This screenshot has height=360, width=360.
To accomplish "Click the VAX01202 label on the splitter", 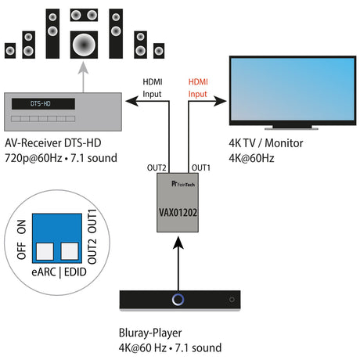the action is tap(178, 212).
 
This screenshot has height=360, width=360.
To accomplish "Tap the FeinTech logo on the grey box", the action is tap(183, 184).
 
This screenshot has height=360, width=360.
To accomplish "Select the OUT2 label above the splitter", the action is tap(157, 167).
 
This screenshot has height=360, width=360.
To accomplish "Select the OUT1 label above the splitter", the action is tap(201, 167).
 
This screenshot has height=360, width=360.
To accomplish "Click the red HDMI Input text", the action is tap(198, 88).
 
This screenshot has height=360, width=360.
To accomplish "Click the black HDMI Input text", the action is tap(153, 88).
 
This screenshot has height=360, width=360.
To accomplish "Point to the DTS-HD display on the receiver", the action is tap(43, 104).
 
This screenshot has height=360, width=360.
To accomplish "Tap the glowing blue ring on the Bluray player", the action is tap(178, 300).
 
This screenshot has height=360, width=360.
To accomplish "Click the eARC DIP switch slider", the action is tap(45, 251).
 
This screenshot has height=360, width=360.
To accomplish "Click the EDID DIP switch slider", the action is tap(70, 251).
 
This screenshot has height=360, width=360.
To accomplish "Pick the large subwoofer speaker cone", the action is tap(84, 45).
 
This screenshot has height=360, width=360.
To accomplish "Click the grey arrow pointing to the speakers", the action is tap(83, 77).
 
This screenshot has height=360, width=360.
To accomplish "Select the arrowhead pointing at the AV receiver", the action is tap(132, 101).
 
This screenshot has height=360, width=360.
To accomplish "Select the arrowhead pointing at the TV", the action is tap(220, 101).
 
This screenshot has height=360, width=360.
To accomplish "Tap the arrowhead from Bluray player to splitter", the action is tap(178, 243).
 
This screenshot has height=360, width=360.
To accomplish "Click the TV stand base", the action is tap(291, 128).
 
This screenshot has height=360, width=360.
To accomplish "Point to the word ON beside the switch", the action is tap(21, 227).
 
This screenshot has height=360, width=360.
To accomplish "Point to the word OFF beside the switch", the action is tap(21, 251).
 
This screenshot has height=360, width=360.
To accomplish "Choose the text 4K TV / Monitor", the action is tap(266, 143).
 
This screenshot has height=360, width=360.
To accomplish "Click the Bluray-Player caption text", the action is tap(150, 333).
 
